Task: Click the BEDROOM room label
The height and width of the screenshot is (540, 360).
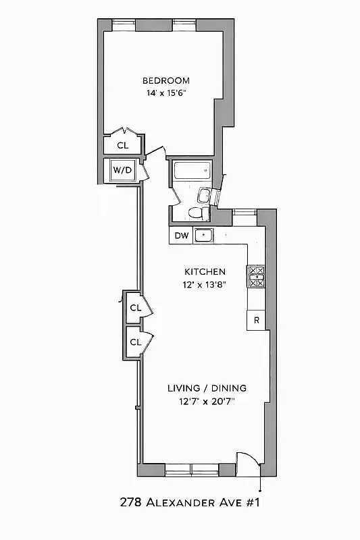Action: [x=165, y=80]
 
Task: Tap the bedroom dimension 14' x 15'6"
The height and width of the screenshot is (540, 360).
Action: [x=165, y=93]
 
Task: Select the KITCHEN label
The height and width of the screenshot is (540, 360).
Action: [x=204, y=271]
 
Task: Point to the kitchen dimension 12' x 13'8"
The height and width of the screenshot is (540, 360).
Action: [x=204, y=284]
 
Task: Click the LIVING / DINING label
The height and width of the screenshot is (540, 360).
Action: [x=207, y=388]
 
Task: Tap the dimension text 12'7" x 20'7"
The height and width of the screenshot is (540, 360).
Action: [x=207, y=402]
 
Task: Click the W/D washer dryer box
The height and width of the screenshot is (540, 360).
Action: [x=122, y=170]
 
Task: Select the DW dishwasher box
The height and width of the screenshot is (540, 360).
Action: [x=181, y=236]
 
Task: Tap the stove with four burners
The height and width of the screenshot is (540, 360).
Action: [x=257, y=277]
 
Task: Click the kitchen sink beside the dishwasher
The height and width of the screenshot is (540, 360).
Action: [x=203, y=236]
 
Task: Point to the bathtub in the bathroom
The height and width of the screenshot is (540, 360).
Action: [x=193, y=170]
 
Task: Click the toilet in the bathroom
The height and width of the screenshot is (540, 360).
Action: [x=195, y=213]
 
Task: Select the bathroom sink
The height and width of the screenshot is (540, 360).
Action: [x=205, y=196]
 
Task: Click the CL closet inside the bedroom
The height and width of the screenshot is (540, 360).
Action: [x=122, y=145]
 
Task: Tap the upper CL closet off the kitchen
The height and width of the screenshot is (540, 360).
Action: [x=135, y=308]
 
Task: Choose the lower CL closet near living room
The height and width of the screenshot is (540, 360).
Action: [x=135, y=342]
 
